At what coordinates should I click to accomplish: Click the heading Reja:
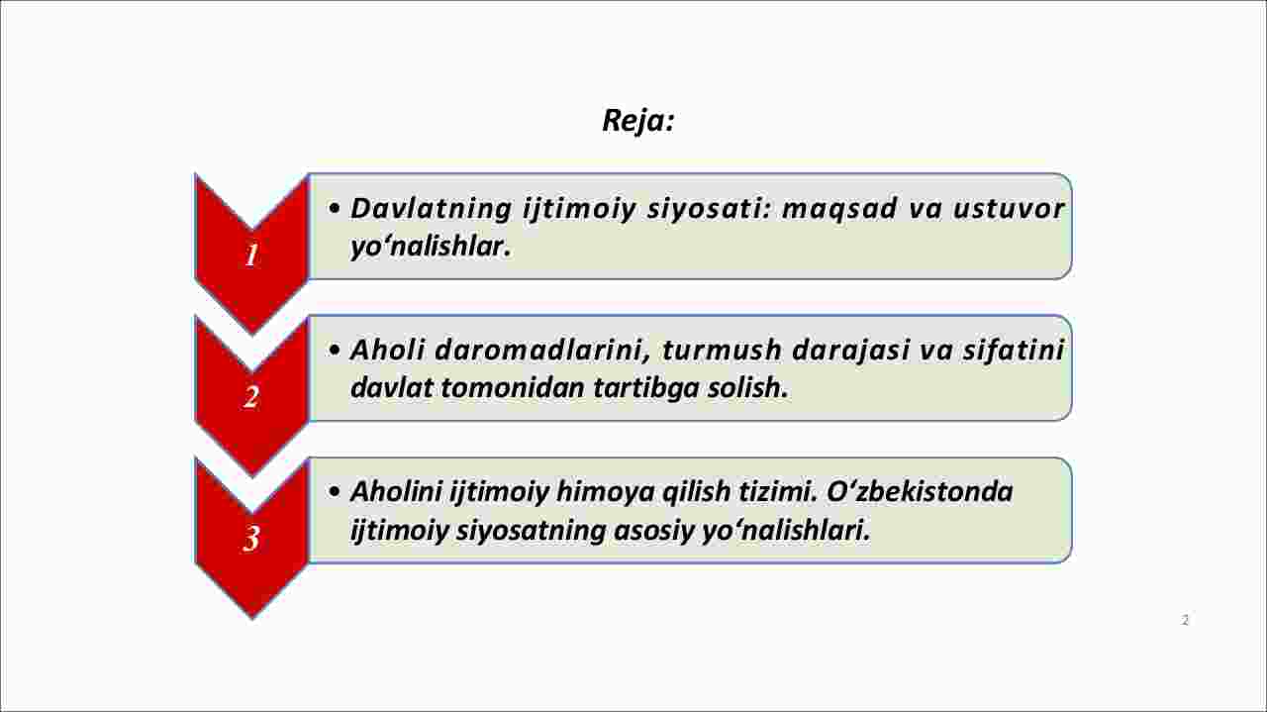coord(638,122)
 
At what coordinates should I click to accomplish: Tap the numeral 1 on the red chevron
coord(251,254)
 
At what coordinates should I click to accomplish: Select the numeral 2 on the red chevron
coord(251,396)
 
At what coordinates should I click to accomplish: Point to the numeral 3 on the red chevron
coord(251,538)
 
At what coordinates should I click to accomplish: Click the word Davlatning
coord(431,209)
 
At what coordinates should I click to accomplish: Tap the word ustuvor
coord(1009,209)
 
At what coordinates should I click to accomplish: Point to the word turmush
coord(722,351)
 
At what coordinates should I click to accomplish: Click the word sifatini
coord(1014,350)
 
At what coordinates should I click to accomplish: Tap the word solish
coord(747,388)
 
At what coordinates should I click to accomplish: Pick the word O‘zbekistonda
coord(920,491)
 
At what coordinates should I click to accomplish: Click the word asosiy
coord(654,532)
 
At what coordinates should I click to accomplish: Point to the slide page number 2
coord(1185,620)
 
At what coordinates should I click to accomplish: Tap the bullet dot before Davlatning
coord(335,209)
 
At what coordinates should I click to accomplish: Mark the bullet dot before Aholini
coord(335,491)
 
